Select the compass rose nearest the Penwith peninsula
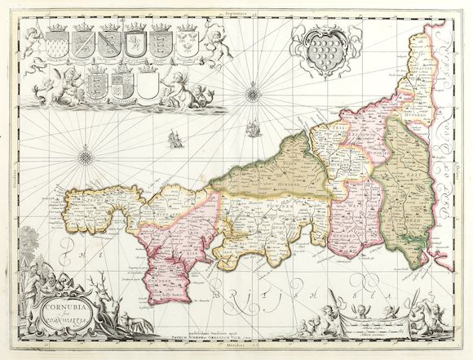pos(85,153)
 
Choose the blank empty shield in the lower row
pos(148,82)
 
